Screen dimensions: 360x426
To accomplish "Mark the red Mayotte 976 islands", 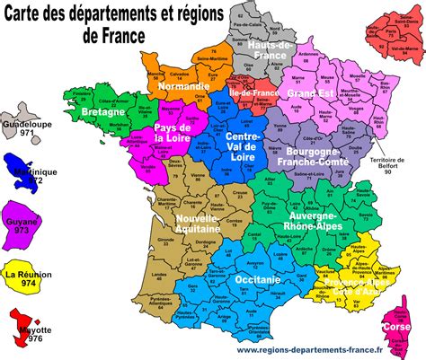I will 23,323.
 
